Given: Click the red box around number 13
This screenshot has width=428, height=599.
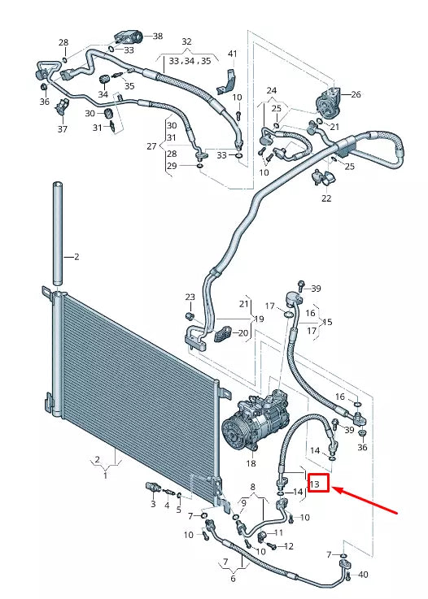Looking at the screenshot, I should click(x=317, y=484).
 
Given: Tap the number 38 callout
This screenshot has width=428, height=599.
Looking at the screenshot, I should click(x=157, y=37).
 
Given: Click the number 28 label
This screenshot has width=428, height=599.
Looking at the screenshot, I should click(x=63, y=42).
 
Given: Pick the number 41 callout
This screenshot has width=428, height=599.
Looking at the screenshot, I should click(x=232, y=54).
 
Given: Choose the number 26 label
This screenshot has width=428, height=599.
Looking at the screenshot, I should click(x=356, y=95).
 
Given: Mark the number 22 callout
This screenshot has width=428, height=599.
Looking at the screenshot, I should click(x=326, y=198).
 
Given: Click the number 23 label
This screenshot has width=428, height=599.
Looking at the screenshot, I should click(x=190, y=297).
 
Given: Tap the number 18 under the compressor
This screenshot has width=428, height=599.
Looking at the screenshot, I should click(x=251, y=463).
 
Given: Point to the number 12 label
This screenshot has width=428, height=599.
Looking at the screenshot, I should click(x=288, y=546).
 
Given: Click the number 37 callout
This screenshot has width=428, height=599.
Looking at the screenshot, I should click(x=62, y=129).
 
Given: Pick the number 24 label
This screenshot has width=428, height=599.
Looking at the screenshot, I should click(x=271, y=90).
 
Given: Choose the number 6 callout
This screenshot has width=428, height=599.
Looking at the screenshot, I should click(x=232, y=578).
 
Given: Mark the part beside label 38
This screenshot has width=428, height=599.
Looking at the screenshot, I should click(x=129, y=36).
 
